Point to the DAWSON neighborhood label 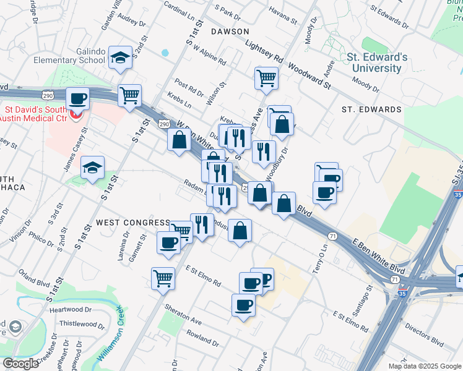(230, 31)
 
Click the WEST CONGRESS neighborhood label (132, 223)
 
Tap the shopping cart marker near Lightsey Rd (266, 78)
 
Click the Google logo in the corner (20, 364)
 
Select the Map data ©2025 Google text (424, 366)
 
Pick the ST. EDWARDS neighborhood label (371, 109)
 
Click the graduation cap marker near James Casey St (93, 167)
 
